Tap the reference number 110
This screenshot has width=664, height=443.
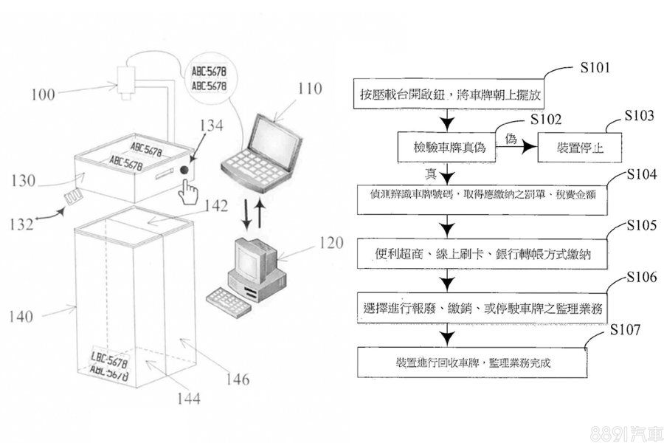click(310, 89)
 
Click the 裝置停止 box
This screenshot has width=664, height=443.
click(579, 147)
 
